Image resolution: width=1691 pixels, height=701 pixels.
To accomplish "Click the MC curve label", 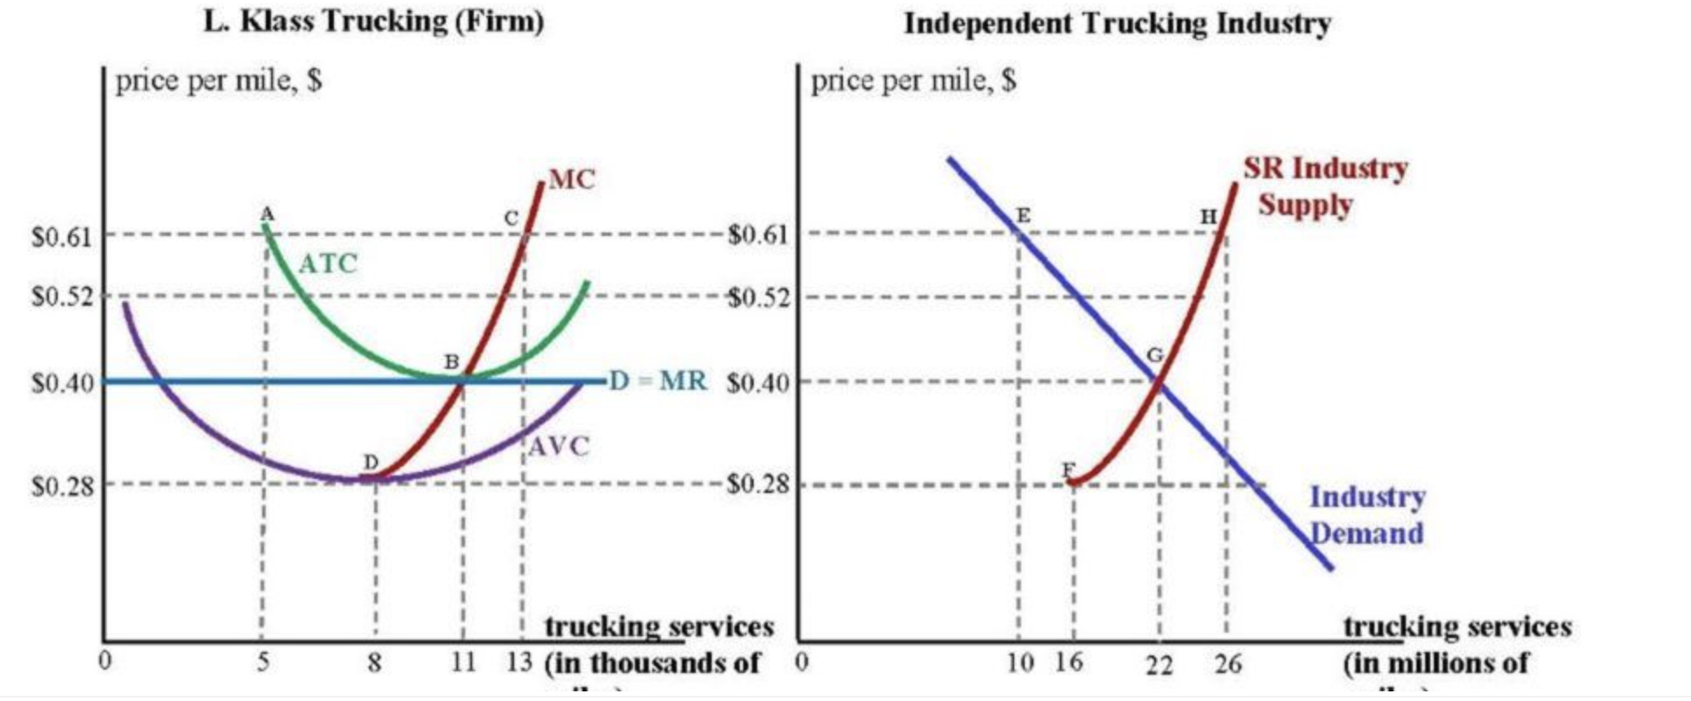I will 571,179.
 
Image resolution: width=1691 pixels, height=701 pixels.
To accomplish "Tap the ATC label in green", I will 328,263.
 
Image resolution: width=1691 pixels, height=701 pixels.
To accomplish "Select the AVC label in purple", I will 559,447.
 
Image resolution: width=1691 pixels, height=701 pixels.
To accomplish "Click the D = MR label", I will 658,381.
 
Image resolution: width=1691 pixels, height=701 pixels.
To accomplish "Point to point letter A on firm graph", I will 268,213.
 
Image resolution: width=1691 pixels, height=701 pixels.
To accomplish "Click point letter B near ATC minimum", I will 451,361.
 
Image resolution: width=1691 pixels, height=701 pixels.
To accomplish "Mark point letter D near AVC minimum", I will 371,462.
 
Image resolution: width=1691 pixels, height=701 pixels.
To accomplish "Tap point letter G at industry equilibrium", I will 1154,356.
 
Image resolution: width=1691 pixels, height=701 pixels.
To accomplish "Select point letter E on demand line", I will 1023,215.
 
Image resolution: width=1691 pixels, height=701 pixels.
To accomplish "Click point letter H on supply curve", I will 1208,216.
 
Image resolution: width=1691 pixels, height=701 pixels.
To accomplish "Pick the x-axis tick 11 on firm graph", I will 463,663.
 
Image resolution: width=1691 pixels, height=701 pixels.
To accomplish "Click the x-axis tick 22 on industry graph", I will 1159,665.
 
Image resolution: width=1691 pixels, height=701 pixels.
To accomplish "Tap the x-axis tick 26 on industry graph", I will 1228,664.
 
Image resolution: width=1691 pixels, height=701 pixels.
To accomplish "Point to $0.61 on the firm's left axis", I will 61,236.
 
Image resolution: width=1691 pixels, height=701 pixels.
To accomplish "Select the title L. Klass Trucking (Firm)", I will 373,21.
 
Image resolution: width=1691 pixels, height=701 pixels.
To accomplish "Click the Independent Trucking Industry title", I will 1117,23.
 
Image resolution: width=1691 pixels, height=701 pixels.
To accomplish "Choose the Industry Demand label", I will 1366,515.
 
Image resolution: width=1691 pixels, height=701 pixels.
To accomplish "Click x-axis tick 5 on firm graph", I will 262,663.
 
